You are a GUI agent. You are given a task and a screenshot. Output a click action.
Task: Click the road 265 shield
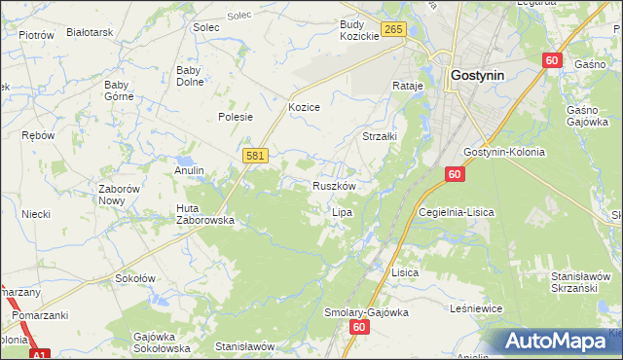(x=392, y=31)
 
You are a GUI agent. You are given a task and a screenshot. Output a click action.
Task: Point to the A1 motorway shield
(x=38, y=355)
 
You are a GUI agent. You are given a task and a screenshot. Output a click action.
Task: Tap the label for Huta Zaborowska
(x=204, y=214)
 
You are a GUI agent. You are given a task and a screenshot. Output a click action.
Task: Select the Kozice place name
(x=304, y=107)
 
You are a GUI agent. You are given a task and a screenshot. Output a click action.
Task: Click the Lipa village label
(x=342, y=211)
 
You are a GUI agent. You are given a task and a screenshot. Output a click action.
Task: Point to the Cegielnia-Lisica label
(x=455, y=211)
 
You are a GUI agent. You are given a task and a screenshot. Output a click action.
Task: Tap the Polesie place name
(x=236, y=117)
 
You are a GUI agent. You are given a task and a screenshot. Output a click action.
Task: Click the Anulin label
(x=189, y=170)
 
